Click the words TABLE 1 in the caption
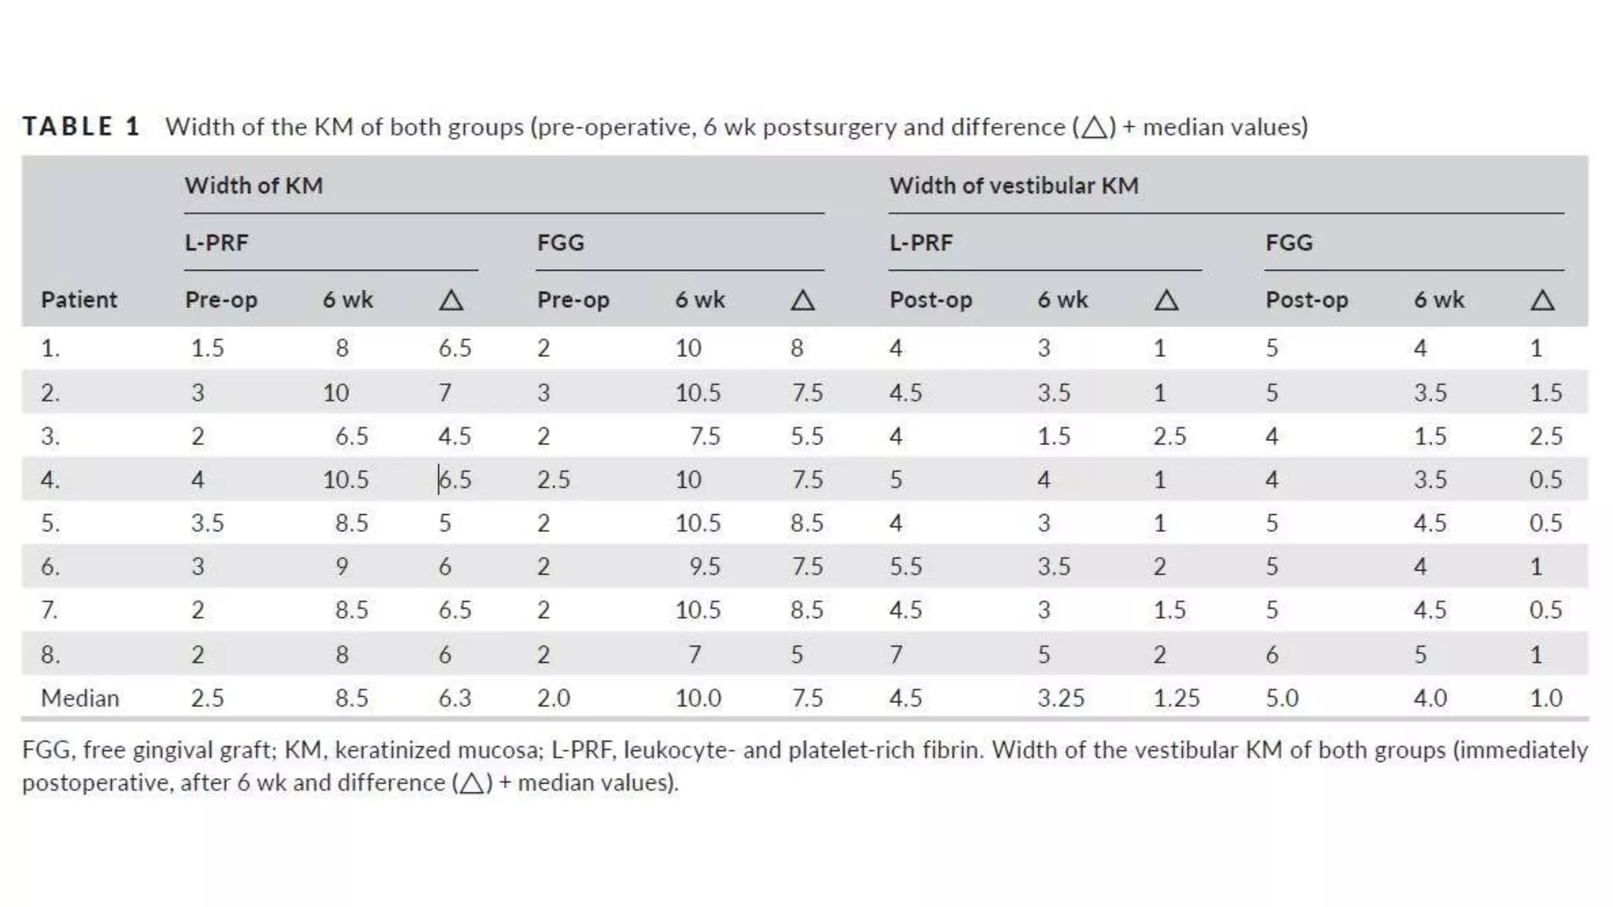pyautogui.click(x=81, y=127)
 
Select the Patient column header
pyautogui.click(x=79, y=300)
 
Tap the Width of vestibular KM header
pyautogui.click(x=1014, y=186)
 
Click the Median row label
pyautogui.click(x=80, y=698)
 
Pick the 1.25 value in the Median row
pyautogui.click(x=1176, y=698)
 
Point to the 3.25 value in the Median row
pyautogui.click(x=1060, y=698)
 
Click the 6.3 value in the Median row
pyautogui.click(x=454, y=698)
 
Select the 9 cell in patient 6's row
pyautogui.click(x=342, y=567)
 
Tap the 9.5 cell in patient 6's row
pyautogui.click(x=704, y=567)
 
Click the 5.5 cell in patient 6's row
pyautogui.click(x=905, y=567)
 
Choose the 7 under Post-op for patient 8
pyautogui.click(x=895, y=654)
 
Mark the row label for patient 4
pyautogui.click(x=50, y=479)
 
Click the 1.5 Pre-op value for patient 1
pyautogui.click(x=207, y=348)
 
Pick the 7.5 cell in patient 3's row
pyautogui.click(x=704, y=436)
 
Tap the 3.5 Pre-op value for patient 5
pyautogui.click(x=207, y=524)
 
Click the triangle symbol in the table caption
pyautogui.click(x=1094, y=128)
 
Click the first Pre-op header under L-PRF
pyautogui.click(x=221, y=300)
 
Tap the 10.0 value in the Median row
pyautogui.click(x=697, y=698)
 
